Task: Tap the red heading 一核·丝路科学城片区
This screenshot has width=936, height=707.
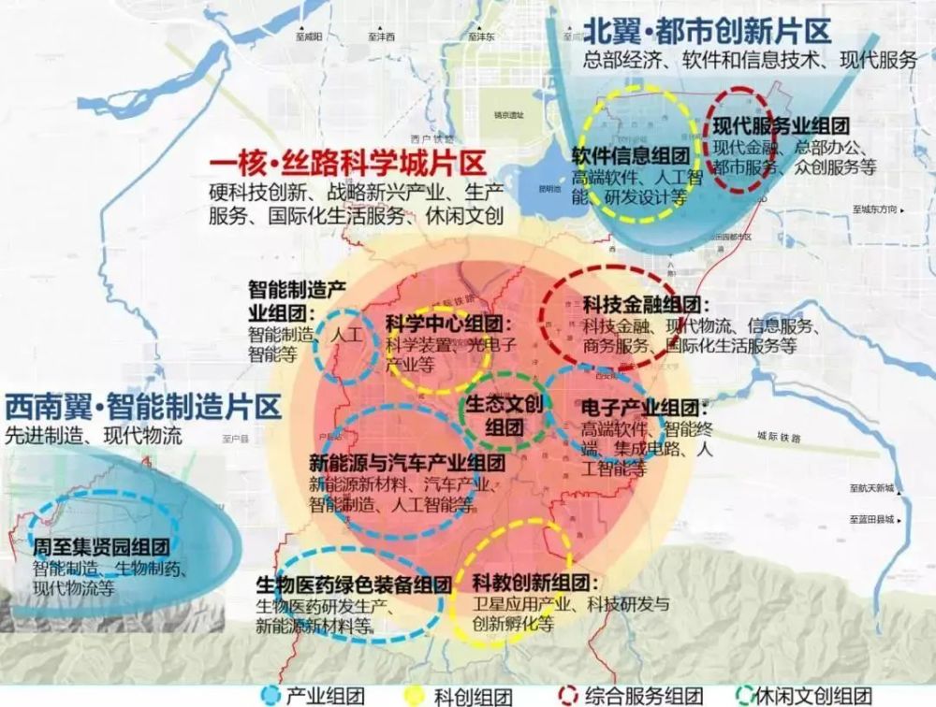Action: (x=347, y=166)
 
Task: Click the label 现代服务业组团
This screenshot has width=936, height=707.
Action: (x=781, y=126)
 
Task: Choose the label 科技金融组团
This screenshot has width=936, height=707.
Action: (x=646, y=305)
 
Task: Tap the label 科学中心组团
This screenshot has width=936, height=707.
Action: (x=445, y=325)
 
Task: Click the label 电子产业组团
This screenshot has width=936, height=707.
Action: (x=640, y=409)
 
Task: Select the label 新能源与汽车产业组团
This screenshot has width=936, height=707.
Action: (x=407, y=462)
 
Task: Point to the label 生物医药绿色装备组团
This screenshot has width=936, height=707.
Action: (x=354, y=584)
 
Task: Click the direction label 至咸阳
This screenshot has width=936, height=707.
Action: (x=308, y=36)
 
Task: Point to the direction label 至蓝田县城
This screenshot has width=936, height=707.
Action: (x=872, y=520)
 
